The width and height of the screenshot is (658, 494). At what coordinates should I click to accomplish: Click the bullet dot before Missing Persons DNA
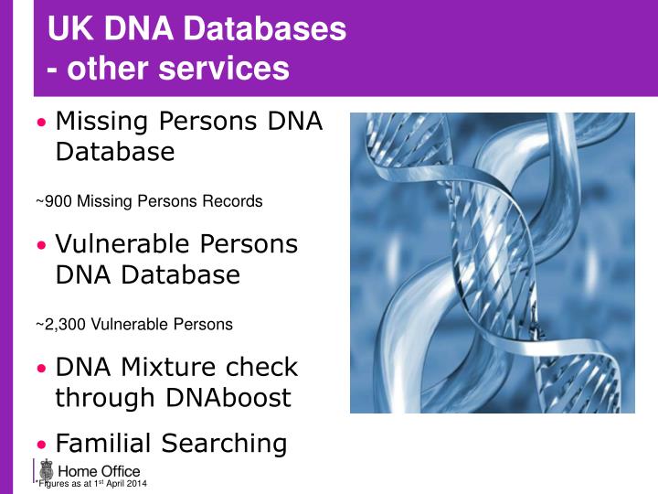coord(41,123)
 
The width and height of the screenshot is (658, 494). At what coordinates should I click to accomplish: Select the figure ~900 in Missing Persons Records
coord(54,201)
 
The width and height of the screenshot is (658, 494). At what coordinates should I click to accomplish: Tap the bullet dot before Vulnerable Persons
coord(41,246)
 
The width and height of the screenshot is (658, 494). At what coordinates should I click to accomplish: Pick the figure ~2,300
coord(61,324)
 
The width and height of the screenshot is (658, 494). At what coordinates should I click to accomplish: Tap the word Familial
coord(104,444)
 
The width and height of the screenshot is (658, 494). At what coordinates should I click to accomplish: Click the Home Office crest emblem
coord(47,470)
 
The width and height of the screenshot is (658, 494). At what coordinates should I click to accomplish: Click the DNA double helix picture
coord(492,263)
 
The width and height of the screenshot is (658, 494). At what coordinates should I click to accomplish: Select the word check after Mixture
coord(262,367)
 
